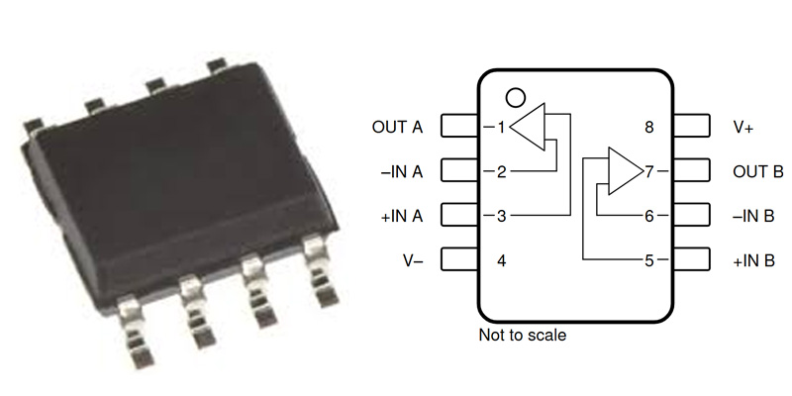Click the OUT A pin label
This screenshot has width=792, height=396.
(x=397, y=127)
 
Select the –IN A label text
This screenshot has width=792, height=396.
(x=401, y=171)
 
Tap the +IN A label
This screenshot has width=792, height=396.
(x=401, y=216)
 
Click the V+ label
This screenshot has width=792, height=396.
(x=744, y=127)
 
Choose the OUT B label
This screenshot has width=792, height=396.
(x=757, y=171)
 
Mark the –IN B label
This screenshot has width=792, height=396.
(x=754, y=216)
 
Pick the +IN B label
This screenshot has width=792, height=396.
(x=754, y=261)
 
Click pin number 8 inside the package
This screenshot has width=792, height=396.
(x=649, y=127)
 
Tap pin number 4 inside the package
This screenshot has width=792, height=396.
(x=502, y=261)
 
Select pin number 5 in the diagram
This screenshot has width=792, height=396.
(x=649, y=261)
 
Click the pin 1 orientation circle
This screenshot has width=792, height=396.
(x=514, y=97)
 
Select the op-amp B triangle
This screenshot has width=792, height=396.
(x=624, y=171)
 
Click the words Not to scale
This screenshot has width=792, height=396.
(x=523, y=336)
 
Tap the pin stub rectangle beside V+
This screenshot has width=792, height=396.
(x=692, y=127)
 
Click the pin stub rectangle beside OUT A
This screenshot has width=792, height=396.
(x=459, y=127)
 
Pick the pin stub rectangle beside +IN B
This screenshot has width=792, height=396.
(x=692, y=261)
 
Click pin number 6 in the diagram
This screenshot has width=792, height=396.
(x=649, y=216)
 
